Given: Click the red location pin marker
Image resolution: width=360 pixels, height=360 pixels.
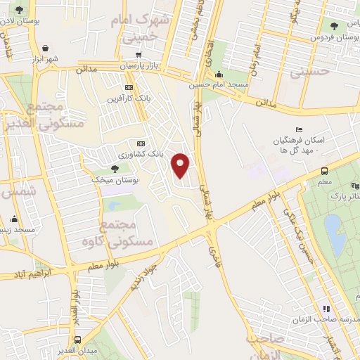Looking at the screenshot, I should point(181,165).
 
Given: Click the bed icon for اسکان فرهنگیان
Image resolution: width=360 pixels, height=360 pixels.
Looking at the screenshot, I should point(299,129).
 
